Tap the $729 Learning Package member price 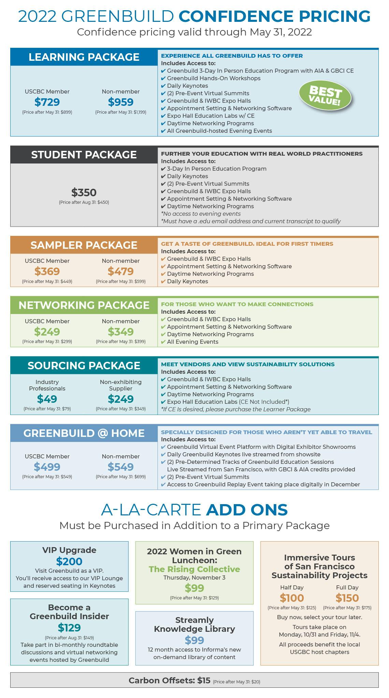point(47,102)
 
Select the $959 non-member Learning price point(120,102)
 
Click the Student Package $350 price point(84,193)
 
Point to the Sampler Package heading point(84,245)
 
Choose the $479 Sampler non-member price point(120,271)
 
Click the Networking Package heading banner point(84,305)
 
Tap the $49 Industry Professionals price point(47,399)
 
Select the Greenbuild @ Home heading point(84,433)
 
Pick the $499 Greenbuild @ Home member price point(47,467)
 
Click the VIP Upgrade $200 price point(69,561)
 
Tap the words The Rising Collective point(194,569)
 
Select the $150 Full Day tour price point(347,598)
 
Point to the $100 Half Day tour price point(292,598)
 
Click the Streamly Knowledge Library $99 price point(194,640)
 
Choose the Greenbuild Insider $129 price point(69,627)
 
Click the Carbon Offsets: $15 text point(170,681)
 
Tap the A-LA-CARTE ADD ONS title point(194,510)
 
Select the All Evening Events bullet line point(192,342)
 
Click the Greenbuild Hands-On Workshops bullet point(213,78)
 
